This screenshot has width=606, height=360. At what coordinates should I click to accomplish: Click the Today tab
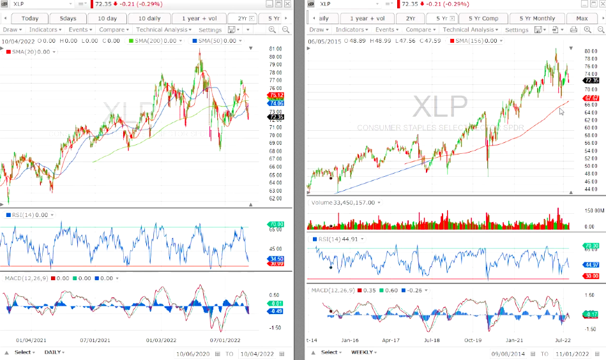click(30, 18)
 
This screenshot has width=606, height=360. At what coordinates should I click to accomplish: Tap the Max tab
click(582, 18)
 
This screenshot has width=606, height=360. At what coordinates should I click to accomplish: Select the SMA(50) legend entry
click(217, 41)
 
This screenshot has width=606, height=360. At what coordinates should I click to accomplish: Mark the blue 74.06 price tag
click(258, 103)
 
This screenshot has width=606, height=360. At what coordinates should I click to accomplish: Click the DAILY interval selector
click(54, 352)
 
